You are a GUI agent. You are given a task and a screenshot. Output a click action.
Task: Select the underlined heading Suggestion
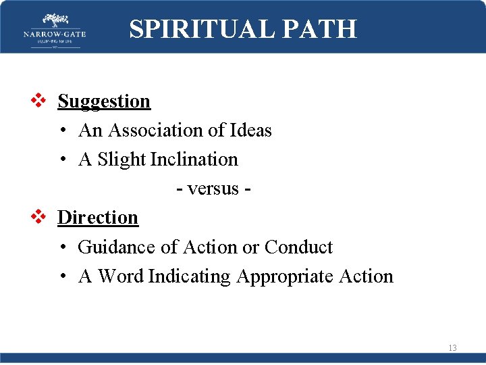(x=104, y=101)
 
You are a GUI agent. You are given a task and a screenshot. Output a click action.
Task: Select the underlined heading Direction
(x=98, y=218)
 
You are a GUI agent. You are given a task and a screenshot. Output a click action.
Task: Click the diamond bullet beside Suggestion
(x=38, y=101)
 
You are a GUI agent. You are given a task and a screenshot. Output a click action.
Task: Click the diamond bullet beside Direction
(x=38, y=218)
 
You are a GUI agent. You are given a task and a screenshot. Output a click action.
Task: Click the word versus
(x=213, y=189)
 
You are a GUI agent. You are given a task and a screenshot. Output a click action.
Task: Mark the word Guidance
(x=117, y=247)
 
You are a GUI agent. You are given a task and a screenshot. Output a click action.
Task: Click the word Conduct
(x=298, y=247)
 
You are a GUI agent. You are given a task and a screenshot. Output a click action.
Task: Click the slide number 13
(x=452, y=348)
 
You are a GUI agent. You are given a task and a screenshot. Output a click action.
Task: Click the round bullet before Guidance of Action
(x=62, y=247)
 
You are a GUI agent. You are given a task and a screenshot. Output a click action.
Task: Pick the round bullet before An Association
(x=62, y=130)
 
